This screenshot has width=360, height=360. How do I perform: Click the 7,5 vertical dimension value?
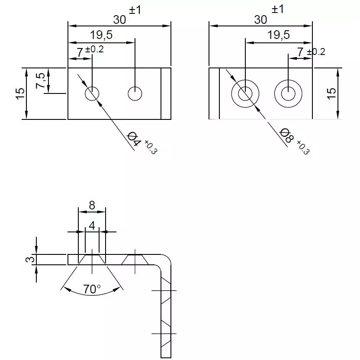coord(41,80)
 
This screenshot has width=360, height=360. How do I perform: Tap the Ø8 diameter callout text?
coord(286,136)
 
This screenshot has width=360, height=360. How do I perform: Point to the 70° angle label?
coord(92,289)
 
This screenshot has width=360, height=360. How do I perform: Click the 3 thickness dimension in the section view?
coord(29,259)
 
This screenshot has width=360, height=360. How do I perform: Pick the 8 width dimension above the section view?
coord(92,205)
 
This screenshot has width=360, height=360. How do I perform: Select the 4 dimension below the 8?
coord(92,225)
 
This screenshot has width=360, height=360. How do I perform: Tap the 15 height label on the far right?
coord(331,93)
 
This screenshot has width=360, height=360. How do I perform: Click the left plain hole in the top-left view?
coord(92,93)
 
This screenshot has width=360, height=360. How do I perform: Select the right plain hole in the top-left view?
coord(135,93)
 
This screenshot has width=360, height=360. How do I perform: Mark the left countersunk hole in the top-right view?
coord(245,93)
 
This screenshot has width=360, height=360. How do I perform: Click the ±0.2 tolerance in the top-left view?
coord(95,49)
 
